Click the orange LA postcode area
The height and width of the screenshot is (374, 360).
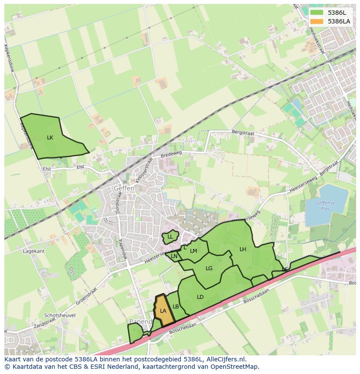(x=163, y=311)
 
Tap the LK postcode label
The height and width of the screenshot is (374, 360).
(x=50, y=138)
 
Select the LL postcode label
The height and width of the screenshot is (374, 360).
(x=170, y=237)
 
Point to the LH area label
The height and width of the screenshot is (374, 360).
(x=243, y=249)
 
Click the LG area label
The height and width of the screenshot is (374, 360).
(x=209, y=268)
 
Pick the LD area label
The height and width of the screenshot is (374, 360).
(x=200, y=297)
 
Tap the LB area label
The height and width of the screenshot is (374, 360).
(x=176, y=307)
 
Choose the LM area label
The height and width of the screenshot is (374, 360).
(x=193, y=251)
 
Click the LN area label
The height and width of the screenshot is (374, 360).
(x=174, y=256)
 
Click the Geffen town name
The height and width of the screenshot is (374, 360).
(x=124, y=189)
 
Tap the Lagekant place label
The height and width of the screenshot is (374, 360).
(x=34, y=251)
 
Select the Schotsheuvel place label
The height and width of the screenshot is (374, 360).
(x=60, y=315)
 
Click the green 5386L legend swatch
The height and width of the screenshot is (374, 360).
(x=317, y=13)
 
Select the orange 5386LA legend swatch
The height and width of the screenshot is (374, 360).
(x=317, y=21)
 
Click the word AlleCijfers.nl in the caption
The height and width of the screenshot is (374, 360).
(x=225, y=359)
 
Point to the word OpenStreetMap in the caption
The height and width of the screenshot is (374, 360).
(x=236, y=367)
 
